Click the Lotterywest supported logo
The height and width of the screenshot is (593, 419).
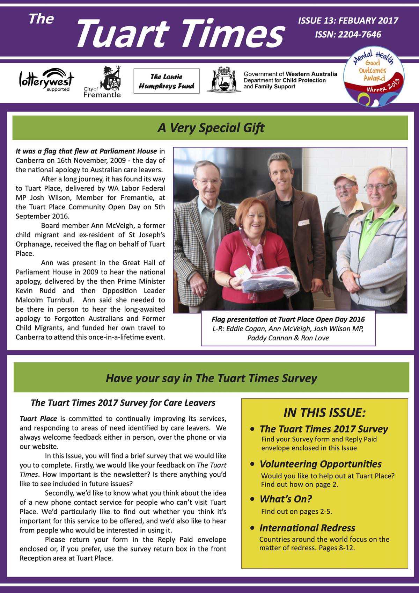(46, 80)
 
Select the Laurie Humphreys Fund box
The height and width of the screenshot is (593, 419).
(167, 81)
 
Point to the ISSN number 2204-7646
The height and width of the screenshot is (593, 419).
(348, 34)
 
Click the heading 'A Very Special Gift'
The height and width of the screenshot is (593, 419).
(211, 128)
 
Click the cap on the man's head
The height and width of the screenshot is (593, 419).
(345, 180)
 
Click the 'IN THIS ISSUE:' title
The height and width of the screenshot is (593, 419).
(324, 413)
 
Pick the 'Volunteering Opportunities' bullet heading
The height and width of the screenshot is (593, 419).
(320, 464)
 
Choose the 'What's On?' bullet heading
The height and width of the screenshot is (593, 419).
(286, 499)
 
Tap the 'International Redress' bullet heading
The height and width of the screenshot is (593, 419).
(307, 528)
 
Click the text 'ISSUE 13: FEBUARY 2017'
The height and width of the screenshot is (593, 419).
(348, 21)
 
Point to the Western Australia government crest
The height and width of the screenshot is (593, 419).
(223, 80)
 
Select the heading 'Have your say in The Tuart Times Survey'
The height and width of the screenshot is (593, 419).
(211, 378)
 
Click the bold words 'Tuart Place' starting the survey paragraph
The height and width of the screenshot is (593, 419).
(38, 419)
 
